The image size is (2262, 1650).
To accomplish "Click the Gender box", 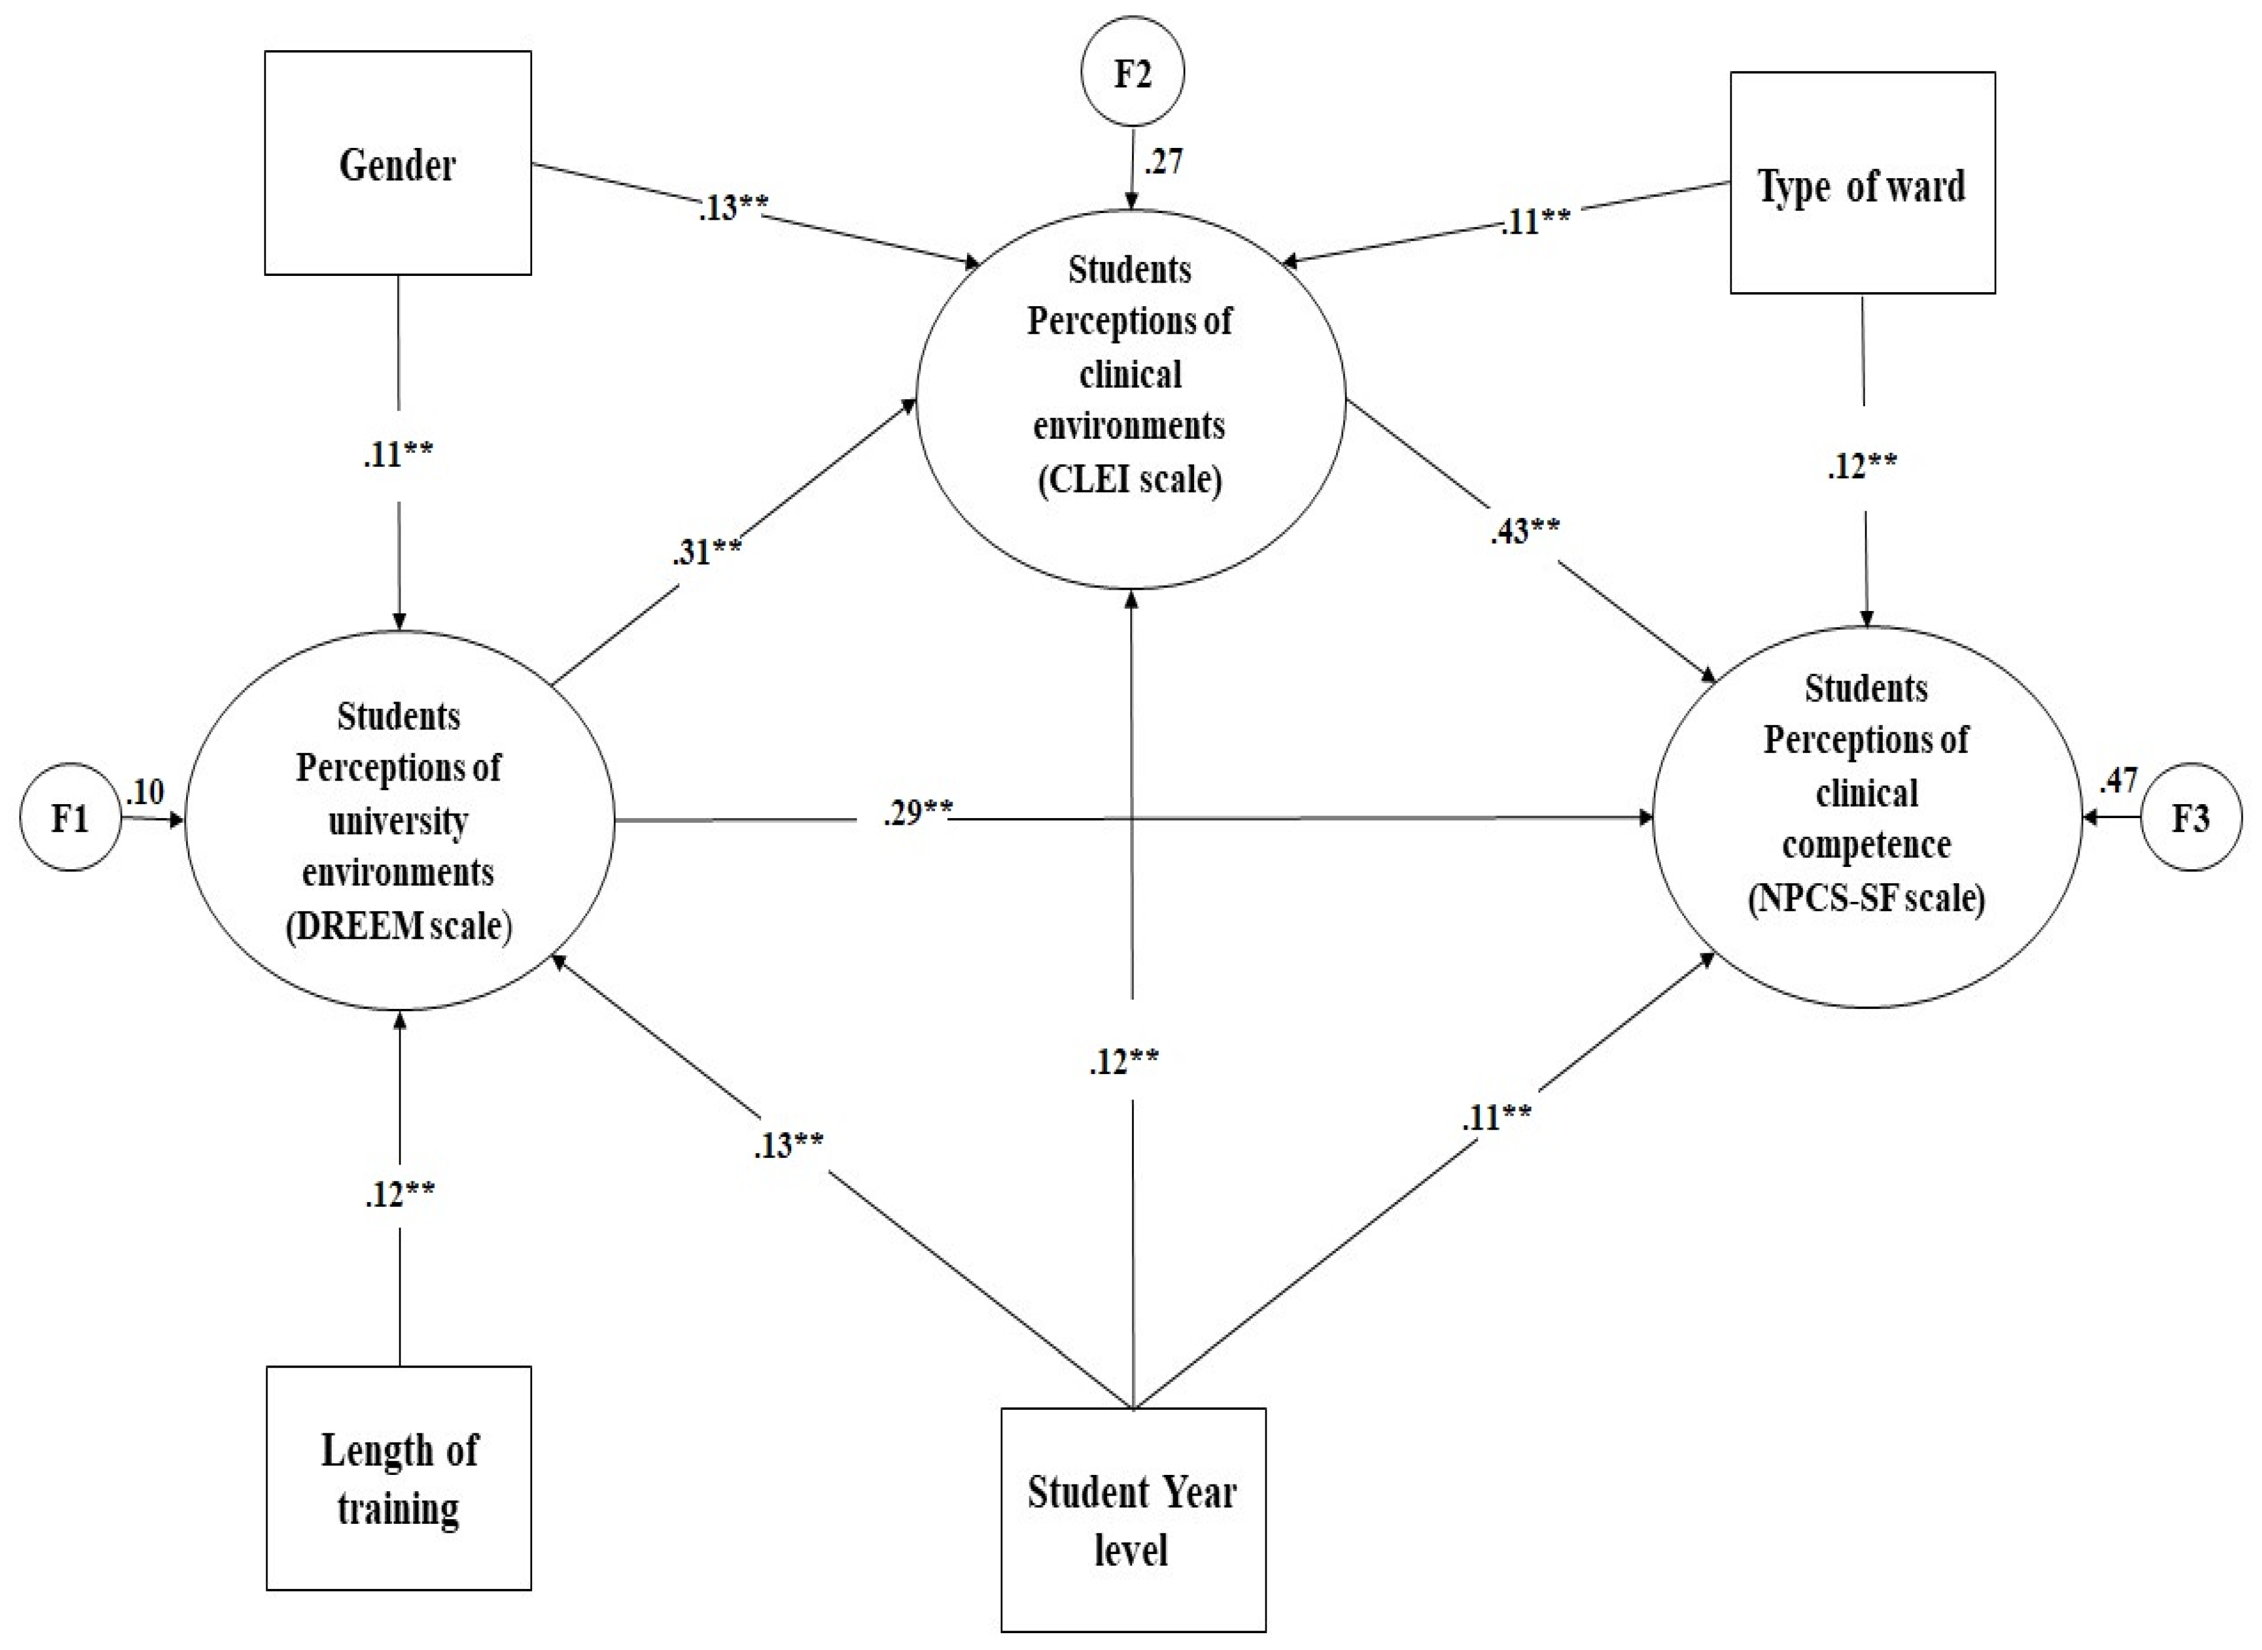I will point(397,164).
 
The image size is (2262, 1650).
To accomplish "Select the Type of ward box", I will point(1862,184).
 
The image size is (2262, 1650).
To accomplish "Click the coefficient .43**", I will point(1525,530).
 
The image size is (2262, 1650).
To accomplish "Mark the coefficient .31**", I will point(706,551).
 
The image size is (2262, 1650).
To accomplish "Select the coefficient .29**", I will point(917,813).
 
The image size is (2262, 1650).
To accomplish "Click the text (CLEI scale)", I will point(1130,479).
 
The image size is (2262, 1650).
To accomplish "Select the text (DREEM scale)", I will point(399,926).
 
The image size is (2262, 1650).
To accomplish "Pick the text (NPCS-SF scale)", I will point(1865,897).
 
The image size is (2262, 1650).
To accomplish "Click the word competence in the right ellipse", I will point(1865,845).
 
